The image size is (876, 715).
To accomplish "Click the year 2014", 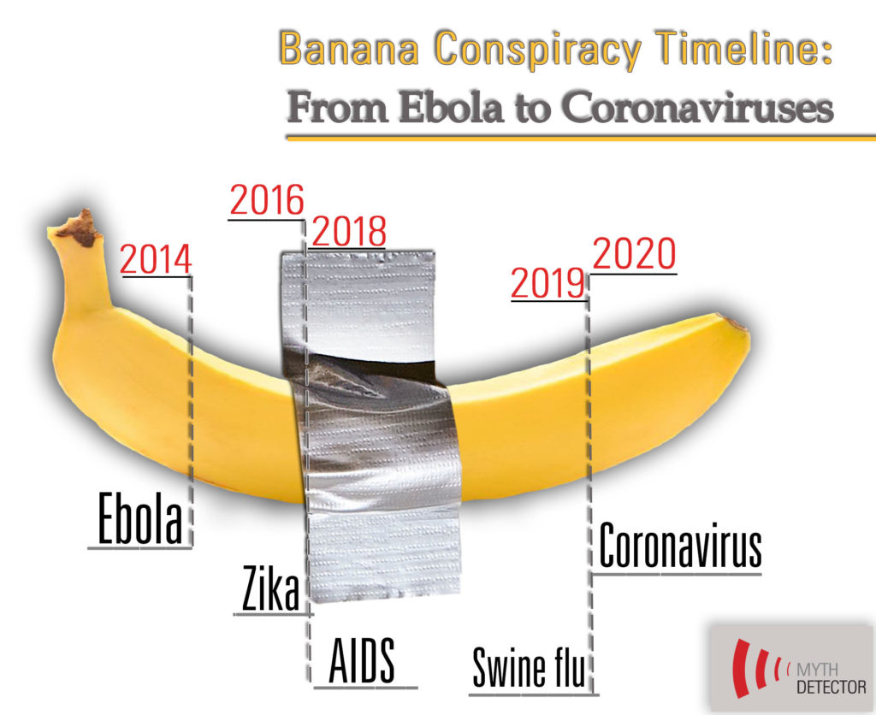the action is click(156, 259).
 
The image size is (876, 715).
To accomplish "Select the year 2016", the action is click(267, 200).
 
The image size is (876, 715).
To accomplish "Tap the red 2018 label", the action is click(349, 231).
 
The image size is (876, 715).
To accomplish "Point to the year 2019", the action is click(547, 283).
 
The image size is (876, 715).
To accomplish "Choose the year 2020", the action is click(634, 254).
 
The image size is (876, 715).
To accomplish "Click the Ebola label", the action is click(139, 517).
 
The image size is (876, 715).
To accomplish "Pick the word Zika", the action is click(270, 588).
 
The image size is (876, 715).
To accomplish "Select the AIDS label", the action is click(362, 661).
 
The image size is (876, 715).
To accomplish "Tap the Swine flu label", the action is click(529, 667).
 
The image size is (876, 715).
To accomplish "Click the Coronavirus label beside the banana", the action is click(680, 546).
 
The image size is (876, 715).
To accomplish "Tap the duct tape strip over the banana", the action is click(370, 428).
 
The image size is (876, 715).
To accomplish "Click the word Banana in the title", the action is click(349, 49).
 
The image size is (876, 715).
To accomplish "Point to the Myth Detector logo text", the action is click(832, 677).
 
